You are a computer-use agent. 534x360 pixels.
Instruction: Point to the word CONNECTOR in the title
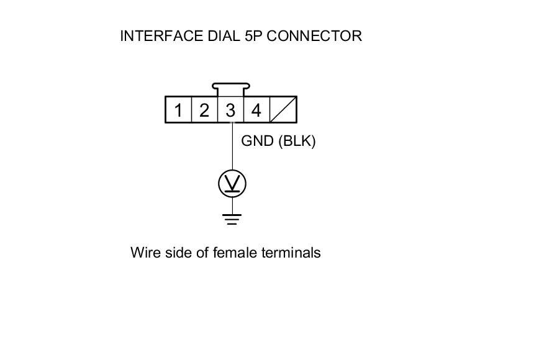click(314, 36)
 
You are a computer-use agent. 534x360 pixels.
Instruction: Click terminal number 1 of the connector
click(178, 110)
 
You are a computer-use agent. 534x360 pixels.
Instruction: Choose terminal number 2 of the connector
click(204, 110)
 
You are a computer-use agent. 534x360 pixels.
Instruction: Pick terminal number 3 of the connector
click(230, 110)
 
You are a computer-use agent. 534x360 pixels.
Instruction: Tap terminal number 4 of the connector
click(256, 110)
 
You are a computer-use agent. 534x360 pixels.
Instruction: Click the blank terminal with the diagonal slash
click(283, 110)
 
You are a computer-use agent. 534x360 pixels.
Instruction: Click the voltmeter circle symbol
click(232, 183)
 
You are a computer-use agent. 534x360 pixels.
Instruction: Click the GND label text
click(258, 142)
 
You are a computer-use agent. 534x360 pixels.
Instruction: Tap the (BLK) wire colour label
click(297, 142)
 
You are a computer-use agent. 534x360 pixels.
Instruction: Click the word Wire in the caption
click(144, 253)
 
